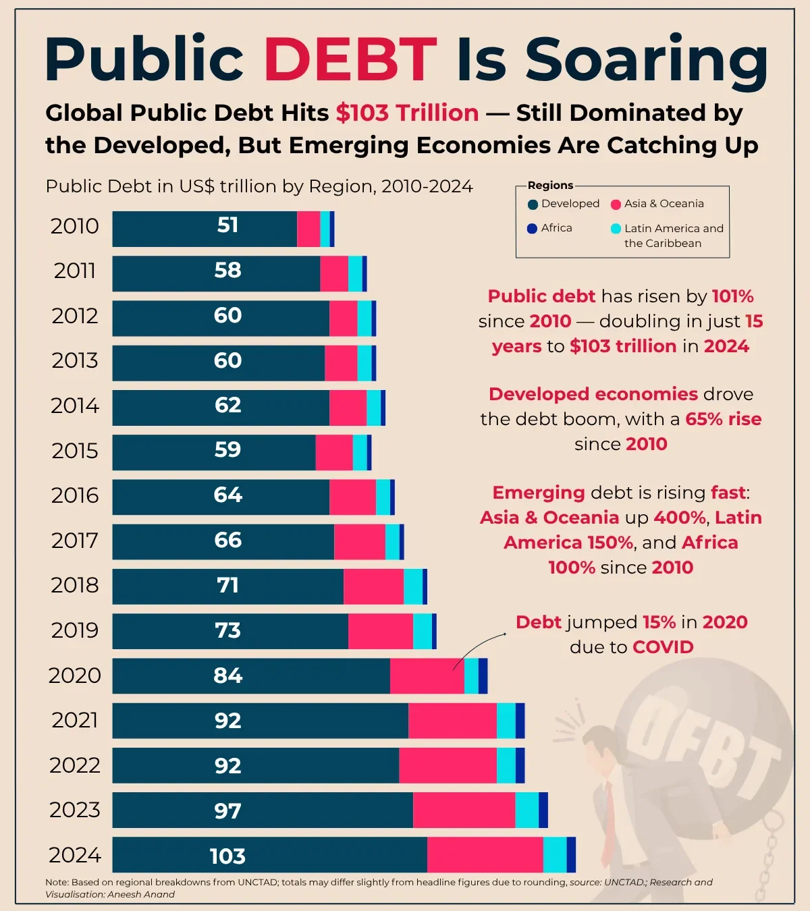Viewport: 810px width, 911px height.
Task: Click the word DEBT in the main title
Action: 350,59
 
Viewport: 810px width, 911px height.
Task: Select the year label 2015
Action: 75,451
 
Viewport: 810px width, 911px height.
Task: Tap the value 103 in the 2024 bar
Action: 227,856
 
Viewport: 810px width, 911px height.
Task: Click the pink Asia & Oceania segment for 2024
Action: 485,855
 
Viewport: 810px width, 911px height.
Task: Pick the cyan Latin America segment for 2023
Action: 526,810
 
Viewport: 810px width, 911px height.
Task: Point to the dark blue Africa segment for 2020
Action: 483,675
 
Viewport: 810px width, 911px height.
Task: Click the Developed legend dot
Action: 533,204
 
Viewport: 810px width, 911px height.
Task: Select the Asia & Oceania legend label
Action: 664,204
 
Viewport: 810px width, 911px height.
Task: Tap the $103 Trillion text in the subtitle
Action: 407,113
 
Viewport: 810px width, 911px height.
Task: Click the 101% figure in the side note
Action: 732,296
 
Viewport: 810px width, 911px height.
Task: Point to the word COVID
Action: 663,647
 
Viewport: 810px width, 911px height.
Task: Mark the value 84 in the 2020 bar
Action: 227,675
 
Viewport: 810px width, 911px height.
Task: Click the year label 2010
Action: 75,226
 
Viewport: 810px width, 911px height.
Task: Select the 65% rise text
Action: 723,419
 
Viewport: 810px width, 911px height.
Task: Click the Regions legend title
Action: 550,186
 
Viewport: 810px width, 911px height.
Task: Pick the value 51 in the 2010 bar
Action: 227,225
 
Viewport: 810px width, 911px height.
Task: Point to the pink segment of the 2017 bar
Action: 359,541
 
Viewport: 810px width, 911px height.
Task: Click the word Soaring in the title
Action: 646,59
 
